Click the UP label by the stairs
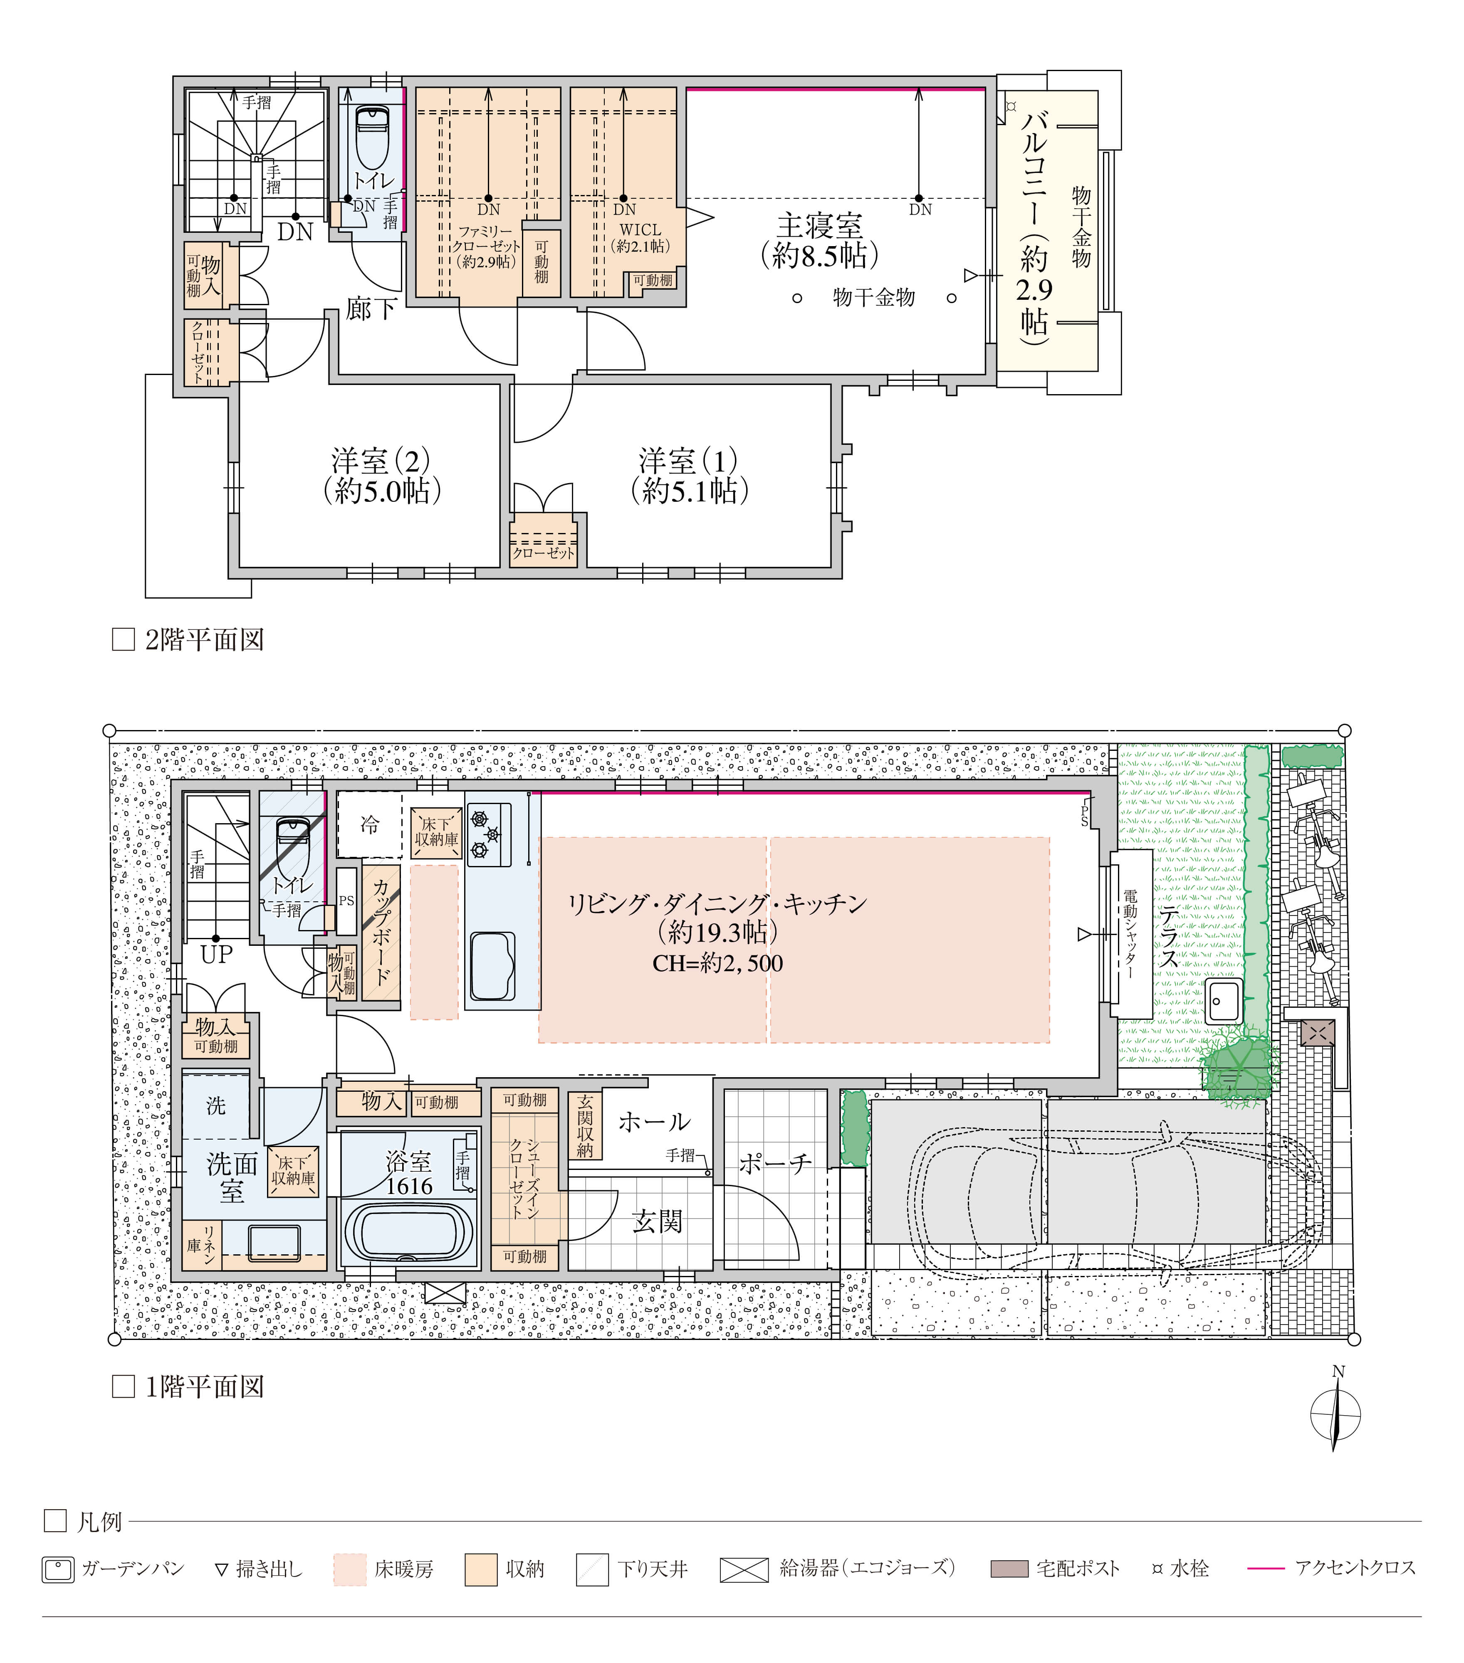pos(216,954)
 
